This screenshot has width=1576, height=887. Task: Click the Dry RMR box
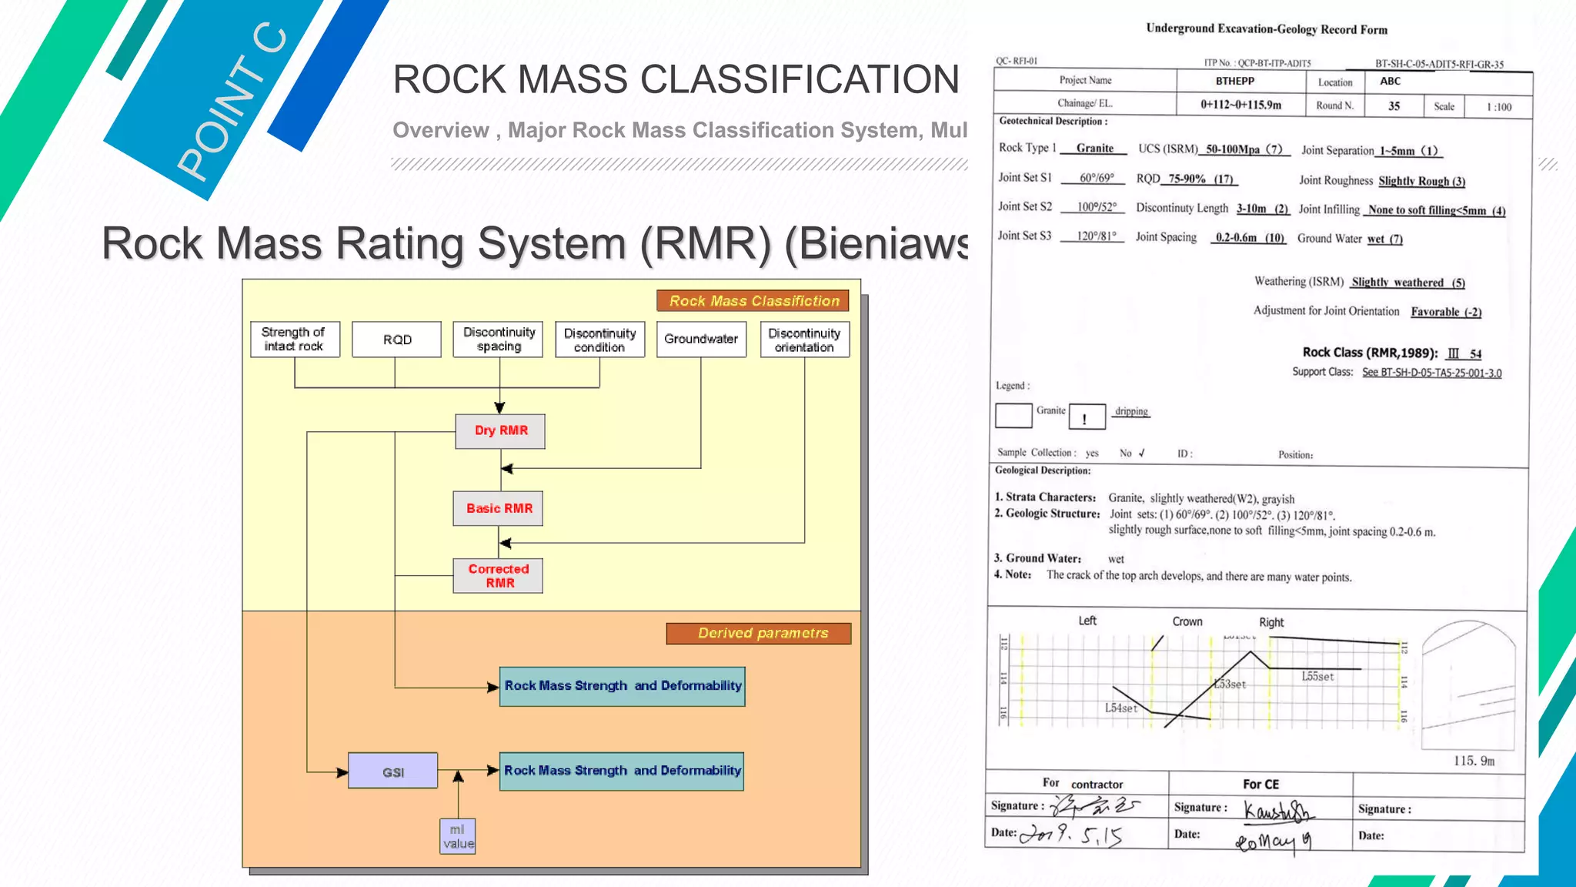tap(500, 431)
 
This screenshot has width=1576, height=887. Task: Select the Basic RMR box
tap(498, 509)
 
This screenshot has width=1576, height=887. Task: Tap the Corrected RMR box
tap(498, 576)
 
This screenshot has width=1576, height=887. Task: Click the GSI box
tap(393, 772)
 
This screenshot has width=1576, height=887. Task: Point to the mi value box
tap(458, 837)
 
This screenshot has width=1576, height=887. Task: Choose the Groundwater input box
tap(701, 340)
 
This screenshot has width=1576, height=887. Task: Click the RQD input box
tap(397, 340)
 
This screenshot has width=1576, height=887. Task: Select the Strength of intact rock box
tap(295, 340)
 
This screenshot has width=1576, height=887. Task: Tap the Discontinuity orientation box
tap(804, 340)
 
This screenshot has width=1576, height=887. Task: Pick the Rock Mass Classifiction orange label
tap(753, 301)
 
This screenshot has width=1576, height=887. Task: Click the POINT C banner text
tap(231, 104)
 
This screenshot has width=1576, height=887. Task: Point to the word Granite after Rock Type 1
tap(1094, 149)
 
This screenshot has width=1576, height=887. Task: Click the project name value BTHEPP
tap(1234, 81)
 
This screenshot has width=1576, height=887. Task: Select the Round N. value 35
tap(1394, 106)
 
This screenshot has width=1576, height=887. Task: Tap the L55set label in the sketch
tap(1317, 677)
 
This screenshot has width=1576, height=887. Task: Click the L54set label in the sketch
tap(1120, 708)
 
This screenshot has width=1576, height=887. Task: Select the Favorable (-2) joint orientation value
tap(1446, 312)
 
